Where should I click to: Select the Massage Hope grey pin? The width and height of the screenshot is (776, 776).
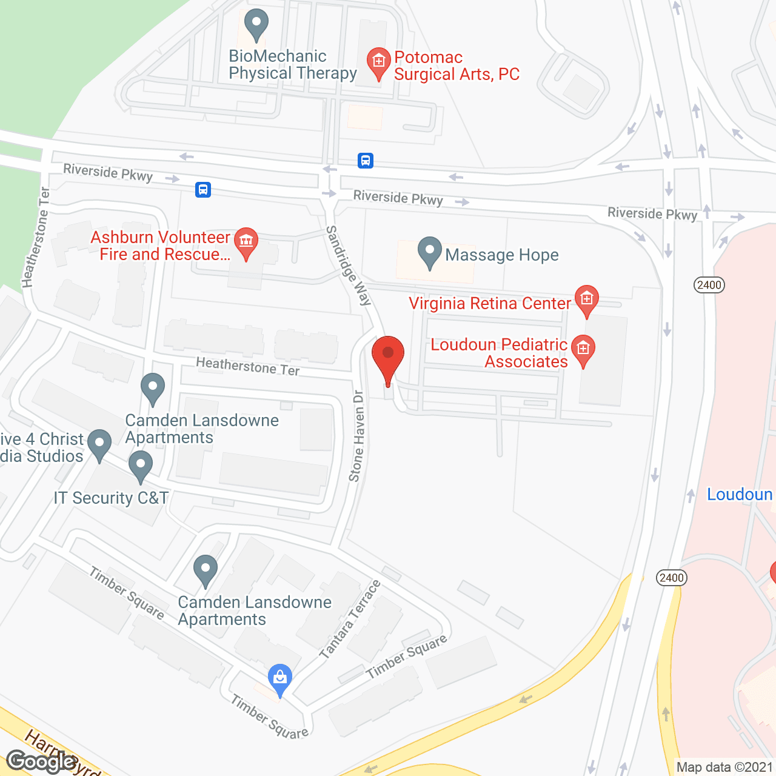tap(430, 252)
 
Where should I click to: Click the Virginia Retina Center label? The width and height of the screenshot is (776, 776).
tap(490, 303)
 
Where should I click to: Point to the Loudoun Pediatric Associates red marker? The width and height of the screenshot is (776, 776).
tap(583, 350)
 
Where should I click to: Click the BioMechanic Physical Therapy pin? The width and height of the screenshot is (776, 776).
tap(256, 25)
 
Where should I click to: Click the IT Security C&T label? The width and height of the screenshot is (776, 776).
tap(112, 498)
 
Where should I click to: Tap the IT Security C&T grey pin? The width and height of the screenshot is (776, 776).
tap(141, 466)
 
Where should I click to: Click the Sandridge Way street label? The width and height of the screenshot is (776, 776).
tap(349, 266)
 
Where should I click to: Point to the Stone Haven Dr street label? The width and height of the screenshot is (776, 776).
tap(357, 436)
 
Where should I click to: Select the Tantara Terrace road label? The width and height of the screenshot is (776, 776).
tap(350, 620)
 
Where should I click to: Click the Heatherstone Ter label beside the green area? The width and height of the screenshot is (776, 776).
tap(36, 237)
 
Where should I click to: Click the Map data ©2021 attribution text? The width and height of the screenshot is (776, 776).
tap(724, 768)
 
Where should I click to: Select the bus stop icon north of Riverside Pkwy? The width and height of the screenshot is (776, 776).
tap(365, 161)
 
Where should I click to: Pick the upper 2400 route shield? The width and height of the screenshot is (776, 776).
tap(709, 285)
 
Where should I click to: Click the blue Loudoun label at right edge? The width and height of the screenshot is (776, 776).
tap(740, 495)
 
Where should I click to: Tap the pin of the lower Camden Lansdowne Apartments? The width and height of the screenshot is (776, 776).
tap(206, 570)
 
